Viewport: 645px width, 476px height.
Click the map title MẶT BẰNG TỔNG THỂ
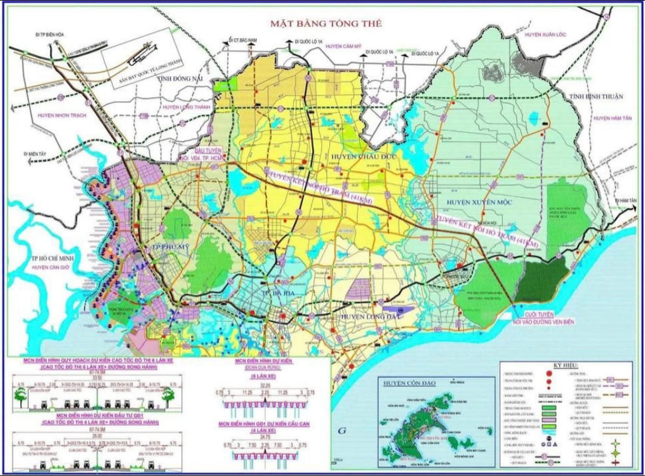325,24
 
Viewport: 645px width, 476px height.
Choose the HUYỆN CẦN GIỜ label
36,267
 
